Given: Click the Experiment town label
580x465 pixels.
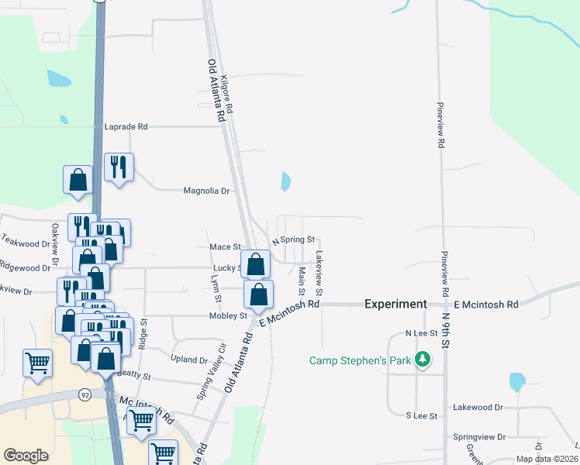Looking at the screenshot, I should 395,305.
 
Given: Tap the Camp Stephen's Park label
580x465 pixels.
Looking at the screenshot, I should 360,360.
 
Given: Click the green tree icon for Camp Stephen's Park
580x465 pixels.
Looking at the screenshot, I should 422,360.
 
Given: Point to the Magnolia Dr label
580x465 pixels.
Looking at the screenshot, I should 206,191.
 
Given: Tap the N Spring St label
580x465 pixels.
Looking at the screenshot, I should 292,240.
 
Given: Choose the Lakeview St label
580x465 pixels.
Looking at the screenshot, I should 319,271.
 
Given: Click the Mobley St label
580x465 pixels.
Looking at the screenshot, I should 227,316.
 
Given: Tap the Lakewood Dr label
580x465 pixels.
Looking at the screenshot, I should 477,407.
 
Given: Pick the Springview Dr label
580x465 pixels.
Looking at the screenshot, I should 479,437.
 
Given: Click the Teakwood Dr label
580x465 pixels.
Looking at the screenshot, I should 24,243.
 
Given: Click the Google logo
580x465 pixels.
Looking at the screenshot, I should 26,455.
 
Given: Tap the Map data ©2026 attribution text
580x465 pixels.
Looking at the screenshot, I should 546,459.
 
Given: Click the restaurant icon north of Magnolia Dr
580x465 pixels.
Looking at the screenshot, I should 119,166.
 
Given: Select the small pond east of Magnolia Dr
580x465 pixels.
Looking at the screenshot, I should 285,181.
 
